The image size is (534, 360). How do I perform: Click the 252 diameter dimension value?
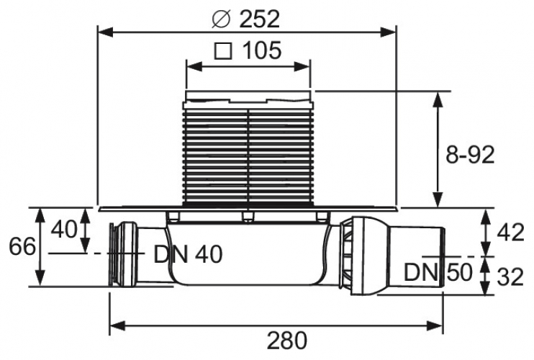(x=260, y=19)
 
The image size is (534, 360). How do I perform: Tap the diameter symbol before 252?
(x=222, y=19)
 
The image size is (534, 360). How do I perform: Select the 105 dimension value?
(x=262, y=50)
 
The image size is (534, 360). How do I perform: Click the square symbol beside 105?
(x=223, y=50)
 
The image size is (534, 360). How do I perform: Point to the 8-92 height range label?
(x=470, y=155)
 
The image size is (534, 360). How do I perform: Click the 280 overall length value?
(x=286, y=341)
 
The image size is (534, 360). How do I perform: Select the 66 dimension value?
(x=22, y=246)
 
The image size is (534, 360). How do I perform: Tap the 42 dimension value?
(x=510, y=233)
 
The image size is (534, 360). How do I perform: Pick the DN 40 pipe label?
(x=188, y=254)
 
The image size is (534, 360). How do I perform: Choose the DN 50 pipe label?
(x=438, y=271)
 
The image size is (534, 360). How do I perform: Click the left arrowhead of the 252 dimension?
(x=105, y=32)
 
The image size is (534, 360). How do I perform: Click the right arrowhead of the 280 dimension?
(x=435, y=325)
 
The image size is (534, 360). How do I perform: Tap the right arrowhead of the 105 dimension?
(x=302, y=67)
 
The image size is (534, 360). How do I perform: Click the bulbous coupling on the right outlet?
(x=366, y=256)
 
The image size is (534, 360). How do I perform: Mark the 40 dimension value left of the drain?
(x=64, y=229)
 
